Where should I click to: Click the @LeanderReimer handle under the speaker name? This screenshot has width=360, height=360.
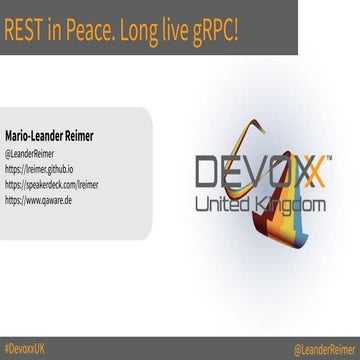[32, 155]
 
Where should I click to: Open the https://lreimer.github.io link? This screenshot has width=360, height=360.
[45, 170]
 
